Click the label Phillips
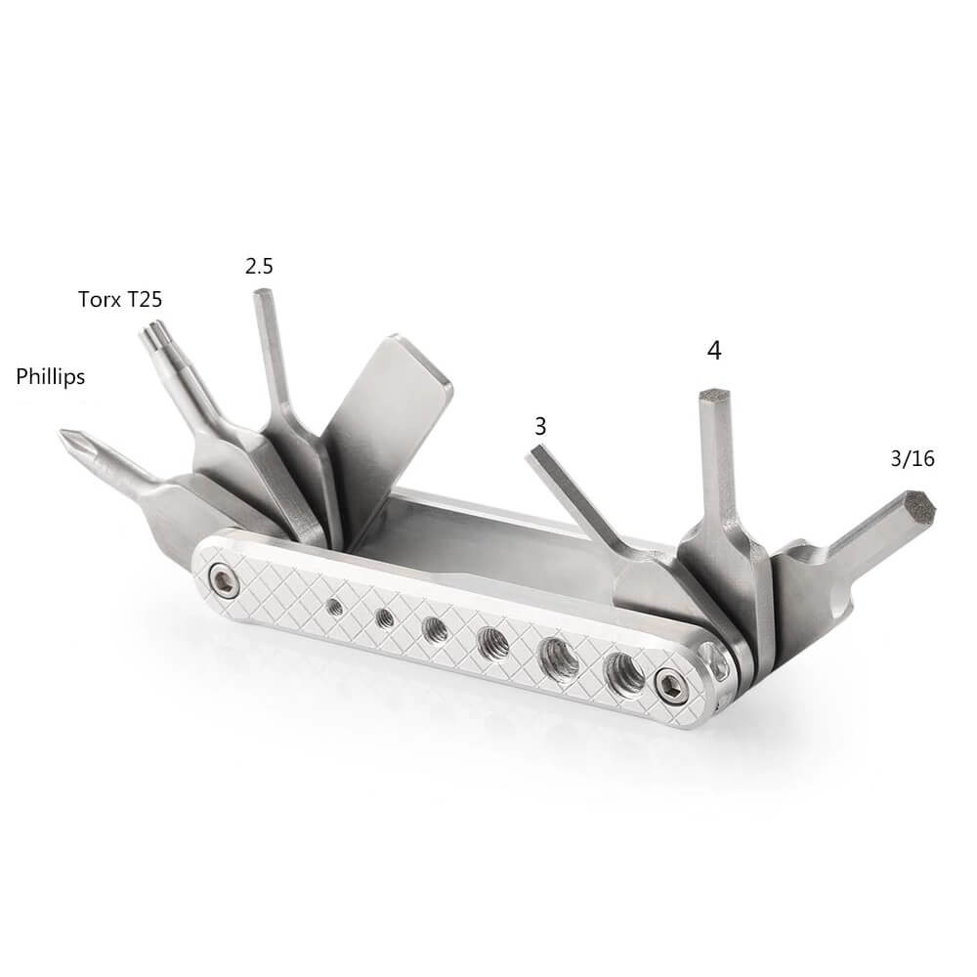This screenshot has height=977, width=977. point(51,377)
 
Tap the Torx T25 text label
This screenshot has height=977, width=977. point(120,300)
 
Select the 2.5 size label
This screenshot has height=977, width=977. point(259,267)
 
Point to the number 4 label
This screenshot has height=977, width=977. point(714,351)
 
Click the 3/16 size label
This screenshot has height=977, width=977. point(913,458)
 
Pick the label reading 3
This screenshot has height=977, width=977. point(540,426)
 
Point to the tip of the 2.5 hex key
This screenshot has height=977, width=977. point(261,292)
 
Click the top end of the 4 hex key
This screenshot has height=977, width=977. point(714,394)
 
